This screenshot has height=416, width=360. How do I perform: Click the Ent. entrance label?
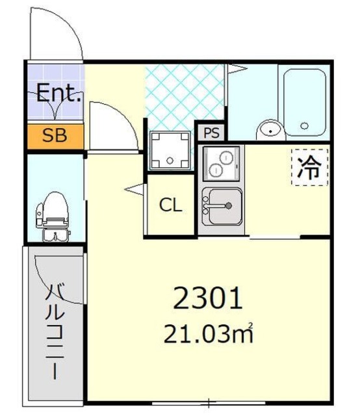(x=58, y=93)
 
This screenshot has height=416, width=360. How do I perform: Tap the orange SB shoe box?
(x=55, y=136)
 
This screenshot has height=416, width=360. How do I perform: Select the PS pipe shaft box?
(x=211, y=133)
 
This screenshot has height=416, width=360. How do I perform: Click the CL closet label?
(x=171, y=205)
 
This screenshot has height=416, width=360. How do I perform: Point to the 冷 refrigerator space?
(x=309, y=168)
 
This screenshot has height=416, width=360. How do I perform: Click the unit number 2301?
(x=208, y=298)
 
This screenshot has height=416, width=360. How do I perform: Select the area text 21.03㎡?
(x=208, y=333)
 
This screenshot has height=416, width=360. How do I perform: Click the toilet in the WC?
(x=53, y=217)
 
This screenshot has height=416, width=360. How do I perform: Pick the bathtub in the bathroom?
(x=305, y=103)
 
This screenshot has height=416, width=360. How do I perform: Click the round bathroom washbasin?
(x=270, y=130)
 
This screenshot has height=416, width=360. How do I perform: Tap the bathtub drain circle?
(x=305, y=125)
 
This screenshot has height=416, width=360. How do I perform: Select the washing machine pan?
(x=170, y=150)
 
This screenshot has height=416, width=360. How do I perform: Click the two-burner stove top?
(x=221, y=163)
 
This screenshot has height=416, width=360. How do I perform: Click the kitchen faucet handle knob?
(x=229, y=205)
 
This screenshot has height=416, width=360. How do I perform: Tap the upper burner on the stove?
(x=226, y=157)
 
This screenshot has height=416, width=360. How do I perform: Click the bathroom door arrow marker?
(x=237, y=69)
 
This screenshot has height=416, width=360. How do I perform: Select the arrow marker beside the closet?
(x=135, y=189)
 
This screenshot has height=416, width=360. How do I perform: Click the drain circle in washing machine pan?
(x=170, y=161)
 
